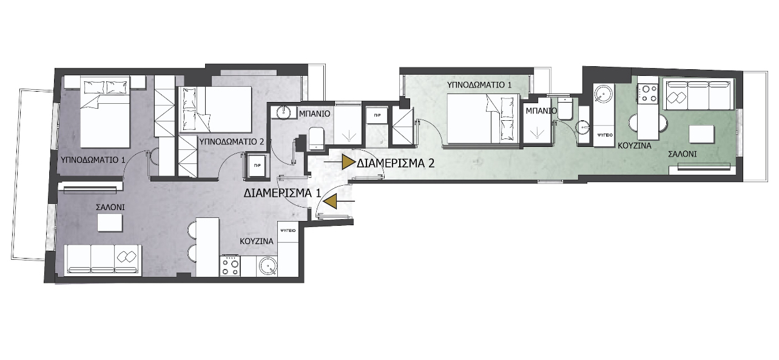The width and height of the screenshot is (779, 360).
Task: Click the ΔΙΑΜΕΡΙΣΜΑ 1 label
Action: [x=282, y=193]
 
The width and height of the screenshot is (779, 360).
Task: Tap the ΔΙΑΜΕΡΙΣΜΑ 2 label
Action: [x=396, y=163]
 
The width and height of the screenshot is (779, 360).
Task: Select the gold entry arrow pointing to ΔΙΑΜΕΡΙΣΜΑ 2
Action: [x=348, y=163]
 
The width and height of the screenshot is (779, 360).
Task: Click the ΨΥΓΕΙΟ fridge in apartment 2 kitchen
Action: [x=604, y=135]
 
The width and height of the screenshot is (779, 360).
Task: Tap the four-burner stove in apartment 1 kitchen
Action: [x=230, y=266]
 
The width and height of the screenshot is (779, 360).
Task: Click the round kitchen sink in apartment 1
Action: [x=268, y=267]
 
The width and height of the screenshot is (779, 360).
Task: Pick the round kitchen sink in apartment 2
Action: [x=604, y=93]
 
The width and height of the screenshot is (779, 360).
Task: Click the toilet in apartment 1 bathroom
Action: [x=315, y=138]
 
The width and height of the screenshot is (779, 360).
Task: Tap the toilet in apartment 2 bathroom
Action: [x=564, y=109]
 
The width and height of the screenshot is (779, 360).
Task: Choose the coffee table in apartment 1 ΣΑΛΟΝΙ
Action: [x=110, y=223]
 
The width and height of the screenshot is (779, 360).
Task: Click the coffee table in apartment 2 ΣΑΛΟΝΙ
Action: [x=702, y=134]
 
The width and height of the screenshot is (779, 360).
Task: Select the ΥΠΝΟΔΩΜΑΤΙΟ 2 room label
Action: [x=231, y=142]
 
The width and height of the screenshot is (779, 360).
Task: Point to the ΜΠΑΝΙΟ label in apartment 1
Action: [x=314, y=114]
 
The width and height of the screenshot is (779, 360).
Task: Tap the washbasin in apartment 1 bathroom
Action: [x=285, y=112]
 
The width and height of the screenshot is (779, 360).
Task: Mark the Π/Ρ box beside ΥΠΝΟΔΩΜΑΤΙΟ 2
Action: [x=257, y=166]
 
